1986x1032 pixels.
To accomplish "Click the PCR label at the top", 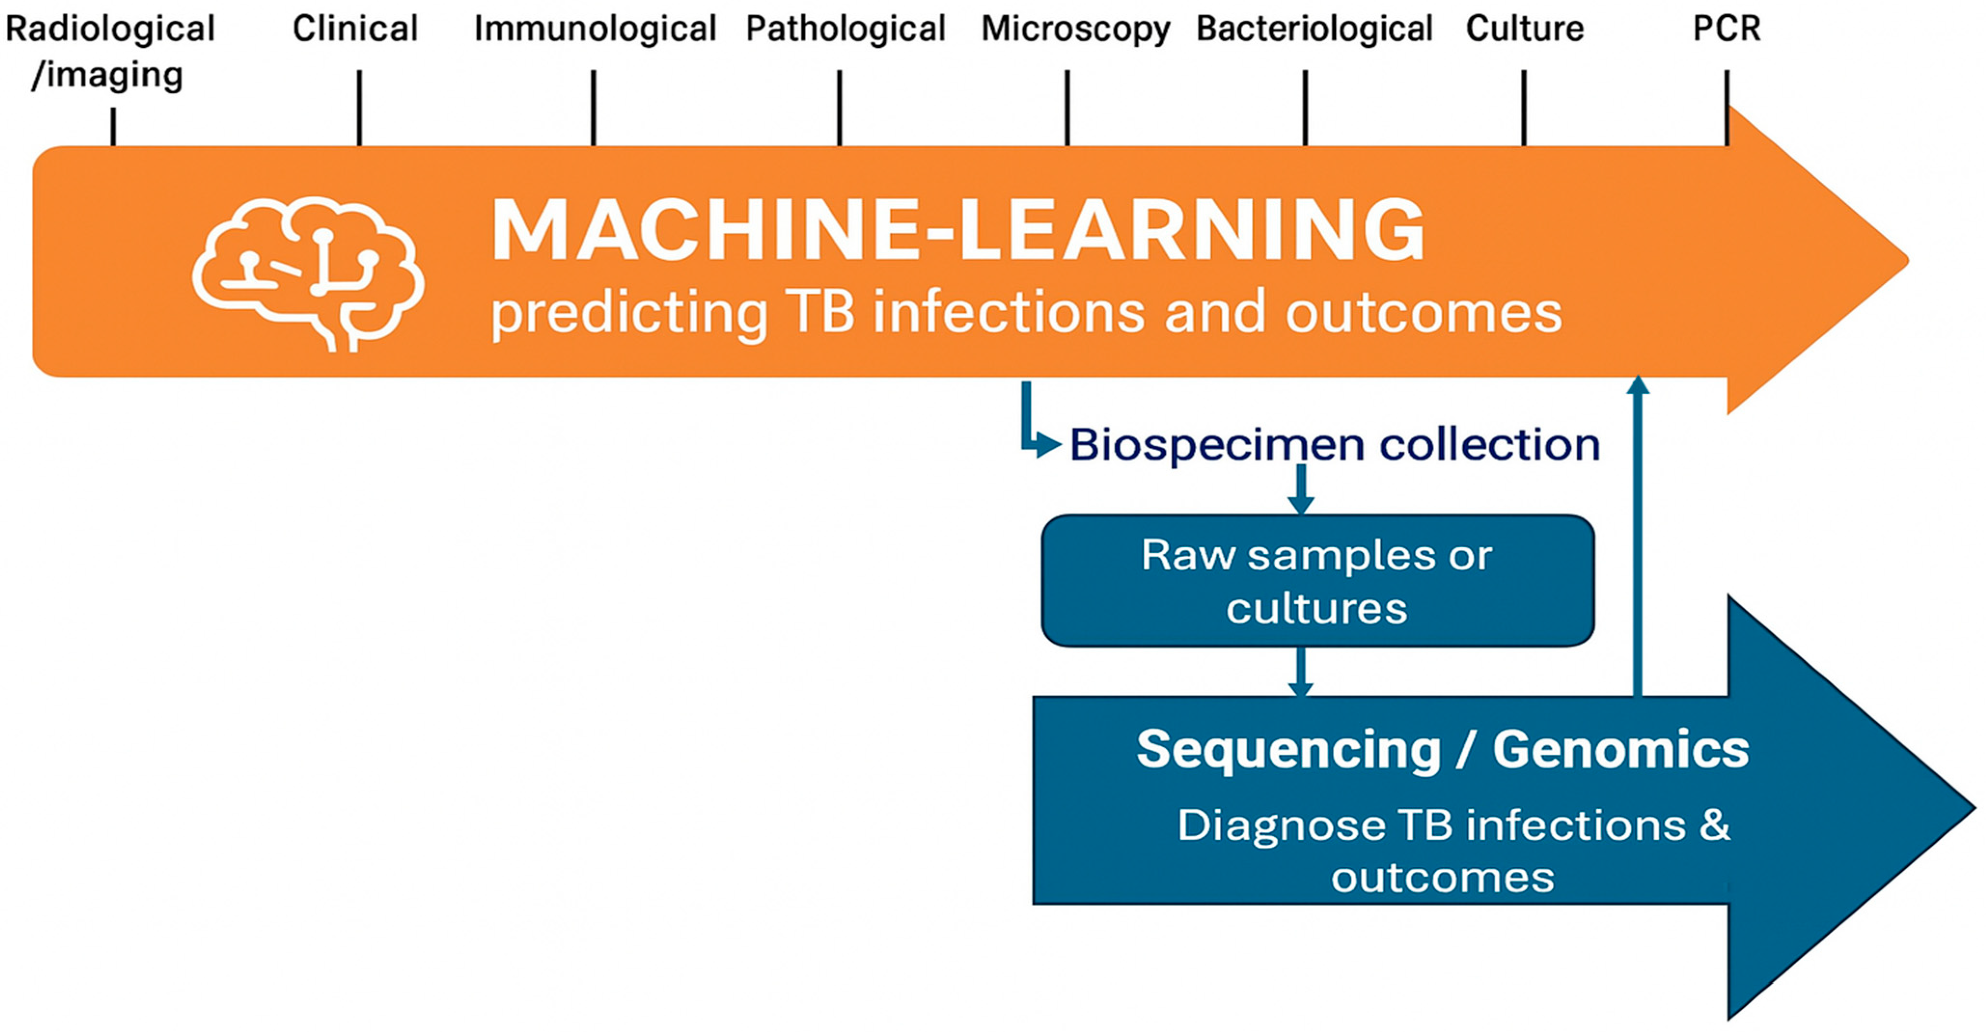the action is coord(1726,28).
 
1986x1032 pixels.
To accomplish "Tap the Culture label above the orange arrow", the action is coord(1524,28).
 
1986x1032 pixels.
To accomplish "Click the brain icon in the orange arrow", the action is coord(308,274).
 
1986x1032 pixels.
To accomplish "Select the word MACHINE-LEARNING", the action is coord(958,229).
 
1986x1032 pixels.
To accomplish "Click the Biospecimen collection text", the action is coord(1335,445).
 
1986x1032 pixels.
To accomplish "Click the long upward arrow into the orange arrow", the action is coord(1638,536).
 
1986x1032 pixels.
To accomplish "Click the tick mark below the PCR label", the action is coord(1727,108).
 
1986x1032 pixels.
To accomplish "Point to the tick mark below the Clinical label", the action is coord(359,108).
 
